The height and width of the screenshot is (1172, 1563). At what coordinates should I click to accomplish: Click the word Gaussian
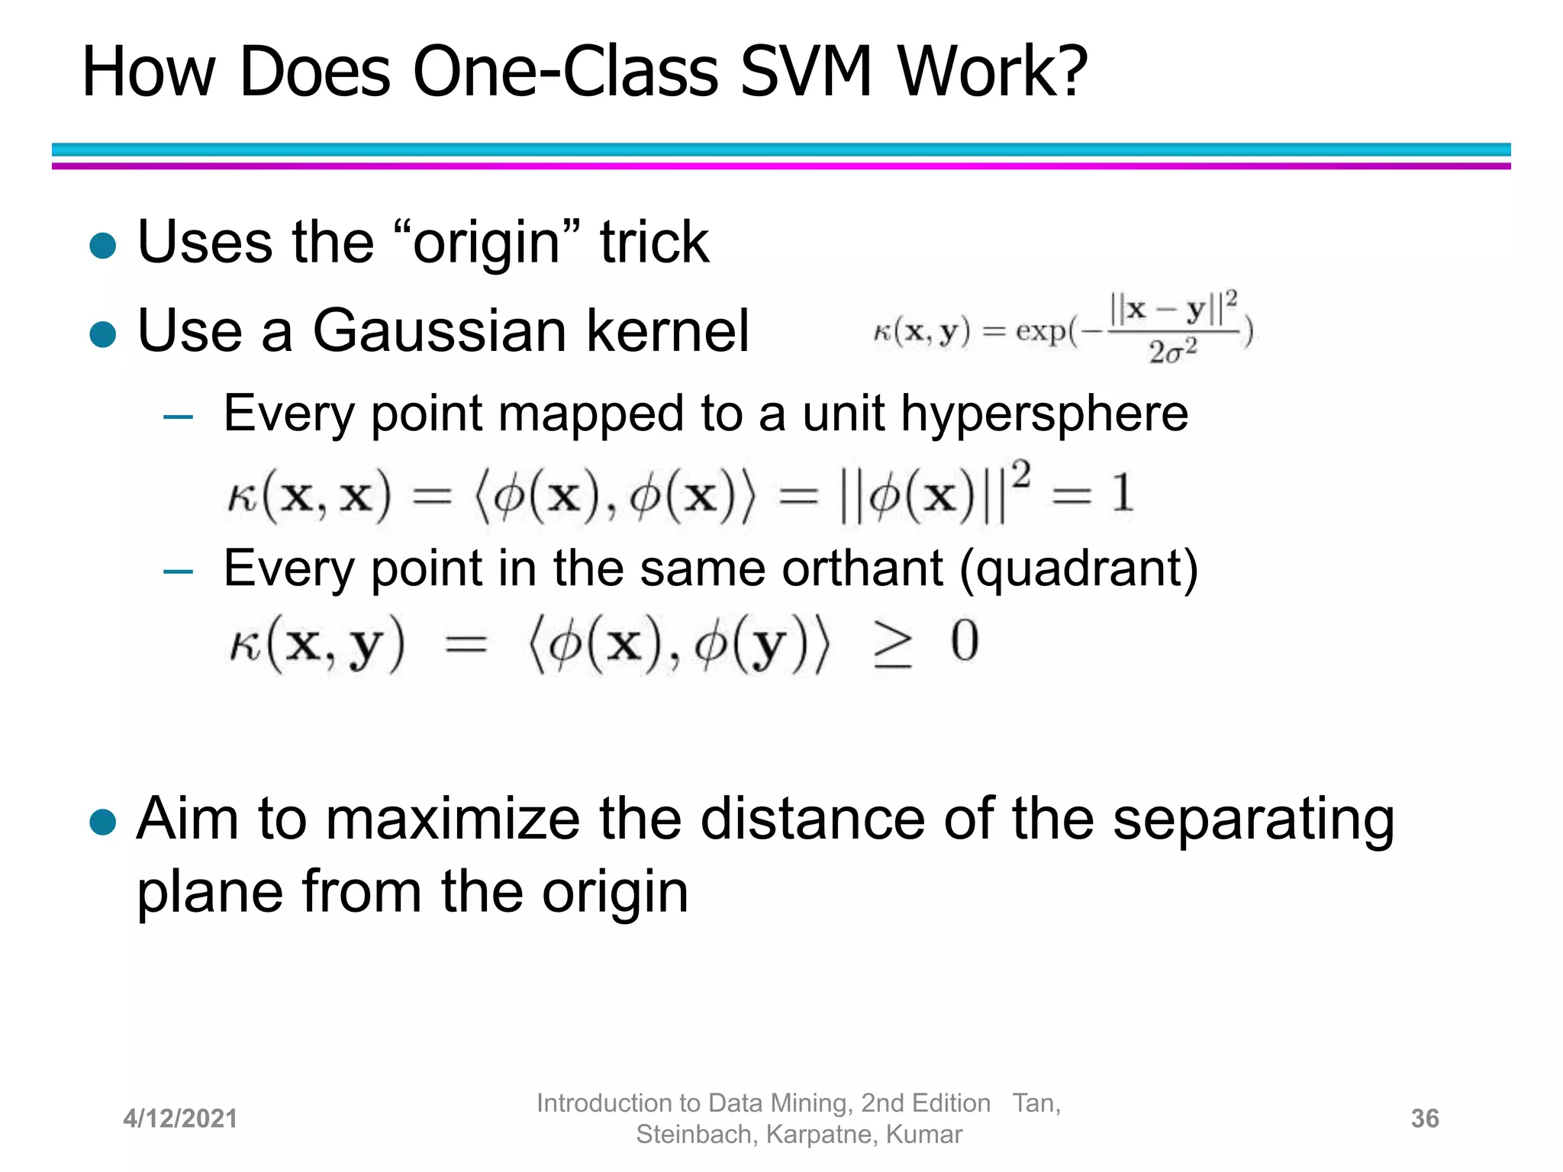click(x=439, y=331)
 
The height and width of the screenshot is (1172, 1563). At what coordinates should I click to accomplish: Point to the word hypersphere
click(x=1044, y=414)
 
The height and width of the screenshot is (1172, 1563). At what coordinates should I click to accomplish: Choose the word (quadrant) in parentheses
click(x=1078, y=569)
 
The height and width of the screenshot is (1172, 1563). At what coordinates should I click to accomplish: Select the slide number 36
click(x=1425, y=1119)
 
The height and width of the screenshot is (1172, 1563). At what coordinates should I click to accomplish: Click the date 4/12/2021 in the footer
click(x=180, y=1119)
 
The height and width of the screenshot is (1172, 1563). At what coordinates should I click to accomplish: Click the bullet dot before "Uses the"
click(x=102, y=246)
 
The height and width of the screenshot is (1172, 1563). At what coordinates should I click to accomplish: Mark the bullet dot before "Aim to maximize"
click(x=102, y=823)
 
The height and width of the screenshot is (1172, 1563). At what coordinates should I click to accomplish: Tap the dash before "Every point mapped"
click(x=178, y=417)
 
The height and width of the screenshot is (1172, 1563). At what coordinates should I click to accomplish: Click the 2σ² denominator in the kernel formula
click(x=1173, y=352)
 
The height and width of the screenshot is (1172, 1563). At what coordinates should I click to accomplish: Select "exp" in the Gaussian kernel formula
click(x=1041, y=332)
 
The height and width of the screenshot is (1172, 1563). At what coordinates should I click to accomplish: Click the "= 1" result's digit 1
click(x=1121, y=494)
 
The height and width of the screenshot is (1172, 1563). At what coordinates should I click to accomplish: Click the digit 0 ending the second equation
click(x=965, y=642)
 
